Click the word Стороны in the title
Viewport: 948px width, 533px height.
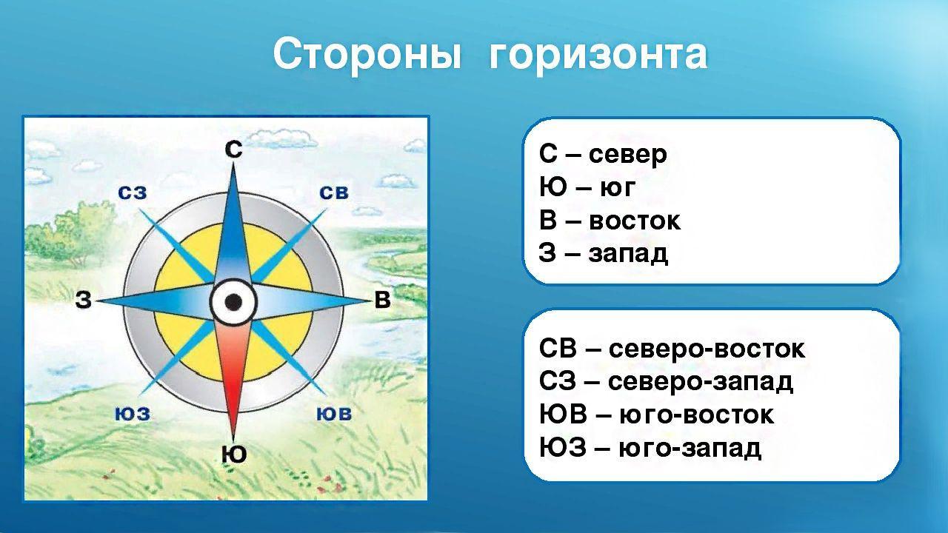coord(367,55)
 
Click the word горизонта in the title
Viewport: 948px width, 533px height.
coord(598,56)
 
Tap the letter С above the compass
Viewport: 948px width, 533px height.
coord(233,150)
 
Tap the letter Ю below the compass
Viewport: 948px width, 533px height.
coord(234,455)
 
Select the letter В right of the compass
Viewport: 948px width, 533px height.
coord(383,300)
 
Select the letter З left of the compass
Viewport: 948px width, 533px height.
coord(84,301)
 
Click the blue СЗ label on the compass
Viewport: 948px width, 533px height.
coord(133,193)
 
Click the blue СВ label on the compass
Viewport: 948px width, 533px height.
coord(334,193)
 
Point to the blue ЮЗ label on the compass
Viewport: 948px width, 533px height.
coord(133,414)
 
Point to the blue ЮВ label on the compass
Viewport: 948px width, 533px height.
coord(334,414)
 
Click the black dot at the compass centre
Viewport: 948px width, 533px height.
coord(233,302)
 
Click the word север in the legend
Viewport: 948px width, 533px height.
coord(627,155)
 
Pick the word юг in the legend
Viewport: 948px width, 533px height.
coord(618,189)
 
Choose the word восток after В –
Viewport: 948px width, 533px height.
coord(635,221)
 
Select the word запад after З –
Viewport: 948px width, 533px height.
coord(629,255)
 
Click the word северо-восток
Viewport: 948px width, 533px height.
coord(707,350)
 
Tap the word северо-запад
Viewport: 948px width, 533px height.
coord(701,383)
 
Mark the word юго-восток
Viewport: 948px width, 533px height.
coord(697,415)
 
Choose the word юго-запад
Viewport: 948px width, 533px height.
coord(690,449)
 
